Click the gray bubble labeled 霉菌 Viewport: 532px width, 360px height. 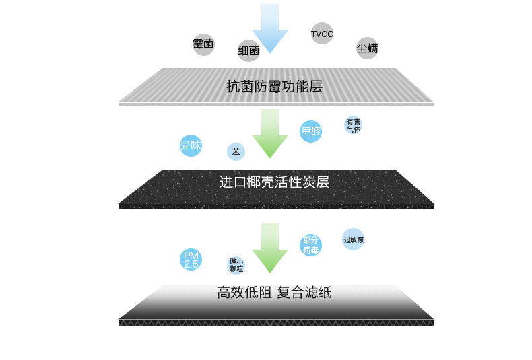point(203,44)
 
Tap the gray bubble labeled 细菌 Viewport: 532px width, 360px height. point(248,50)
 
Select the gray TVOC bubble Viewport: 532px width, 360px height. point(322,34)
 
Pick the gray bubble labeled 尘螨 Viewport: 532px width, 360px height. point(367,48)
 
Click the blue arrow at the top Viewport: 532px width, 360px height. point(270,28)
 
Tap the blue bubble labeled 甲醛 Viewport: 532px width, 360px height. point(310,131)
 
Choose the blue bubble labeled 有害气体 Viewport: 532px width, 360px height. point(354,124)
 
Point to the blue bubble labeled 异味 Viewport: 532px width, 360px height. point(191,145)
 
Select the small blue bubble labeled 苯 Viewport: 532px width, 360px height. point(236,152)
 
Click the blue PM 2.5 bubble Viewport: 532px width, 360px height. point(191,260)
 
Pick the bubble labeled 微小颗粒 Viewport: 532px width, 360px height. point(236,264)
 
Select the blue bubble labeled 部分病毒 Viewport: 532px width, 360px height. point(310,245)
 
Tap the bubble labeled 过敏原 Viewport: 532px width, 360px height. point(354,240)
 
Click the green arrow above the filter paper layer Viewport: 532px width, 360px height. point(270,248)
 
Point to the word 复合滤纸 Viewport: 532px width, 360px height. point(304,293)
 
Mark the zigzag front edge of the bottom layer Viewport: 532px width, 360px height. point(275,323)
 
